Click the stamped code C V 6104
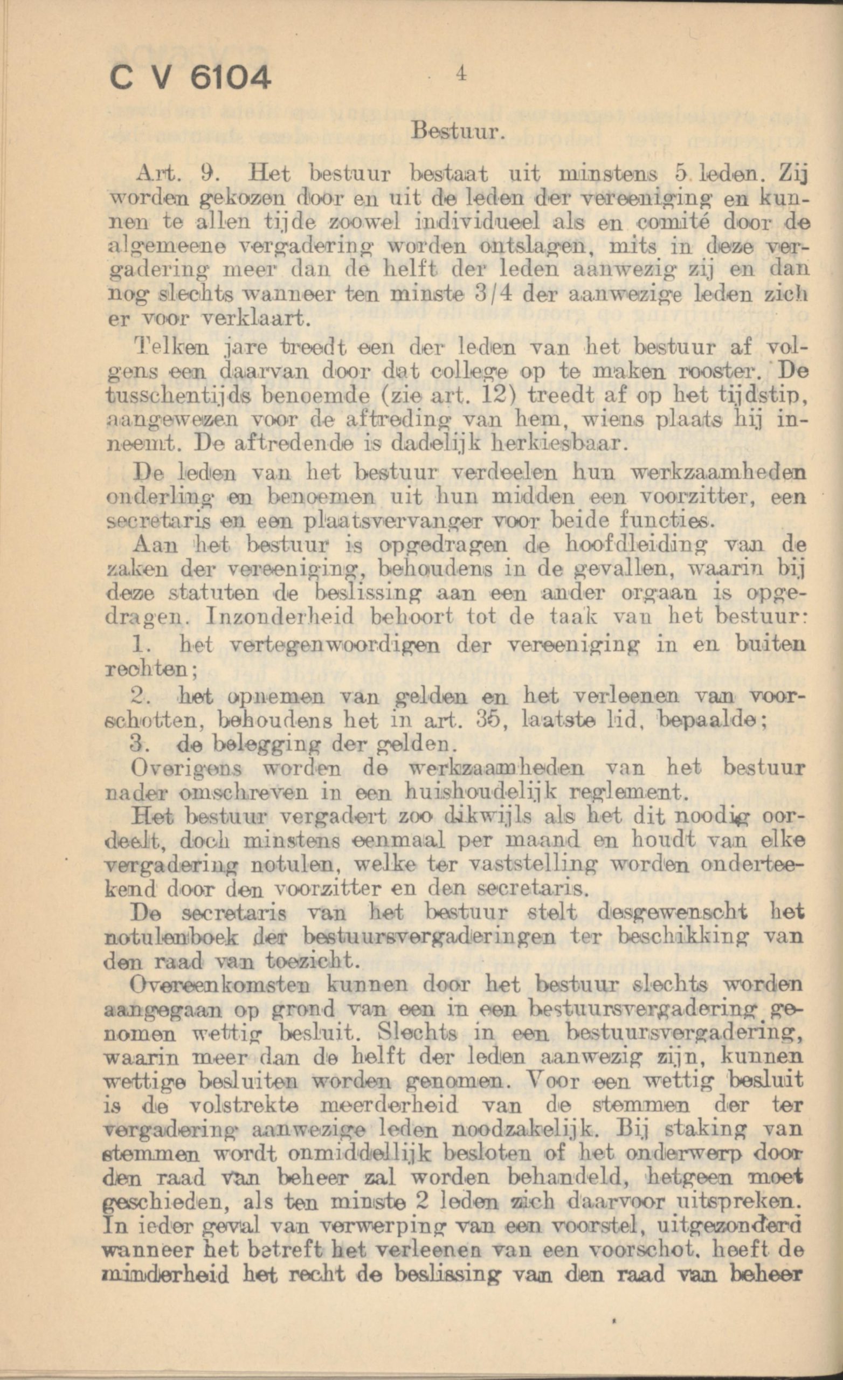191,77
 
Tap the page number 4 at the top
461,74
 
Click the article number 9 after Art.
206,175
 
